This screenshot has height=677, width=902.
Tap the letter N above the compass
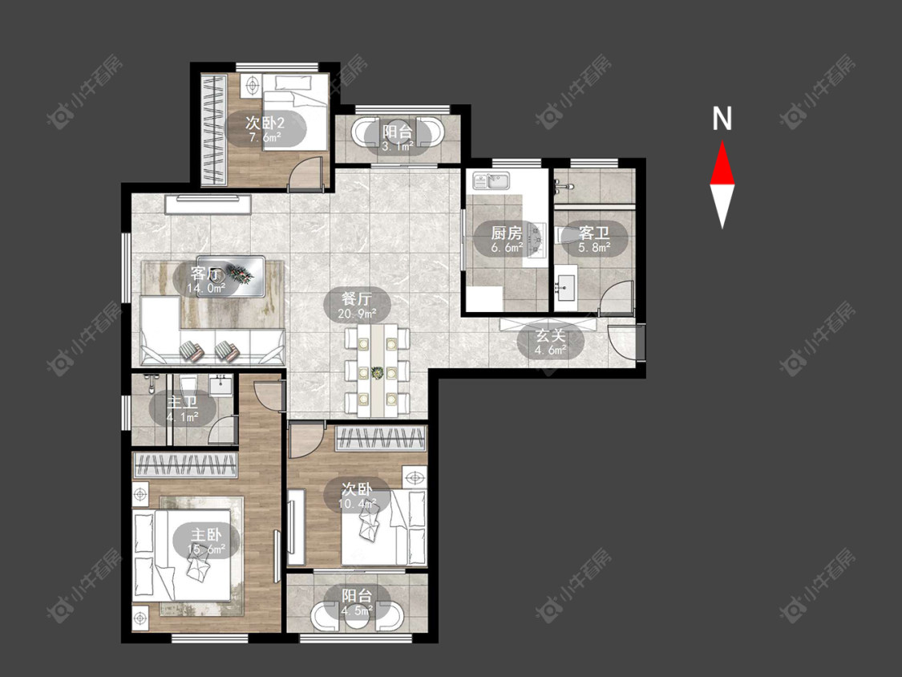click(722, 119)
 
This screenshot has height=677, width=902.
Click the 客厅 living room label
click(206, 273)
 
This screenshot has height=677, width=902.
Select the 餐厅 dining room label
click(357, 298)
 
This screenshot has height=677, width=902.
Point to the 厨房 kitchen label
click(507, 233)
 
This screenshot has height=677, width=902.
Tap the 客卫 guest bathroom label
click(594, 233)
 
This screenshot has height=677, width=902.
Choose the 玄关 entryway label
click(551, 335)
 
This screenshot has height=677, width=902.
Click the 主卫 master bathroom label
click(182, 402)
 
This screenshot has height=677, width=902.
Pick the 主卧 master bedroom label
click(206, 534)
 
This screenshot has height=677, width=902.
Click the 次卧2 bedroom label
click(265, 123)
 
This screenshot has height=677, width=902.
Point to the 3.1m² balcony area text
click(398, 146)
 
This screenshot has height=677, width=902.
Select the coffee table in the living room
click(231, 276)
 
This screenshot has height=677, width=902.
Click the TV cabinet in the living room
click(208, 205)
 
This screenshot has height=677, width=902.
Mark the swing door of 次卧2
click(304, 172)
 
